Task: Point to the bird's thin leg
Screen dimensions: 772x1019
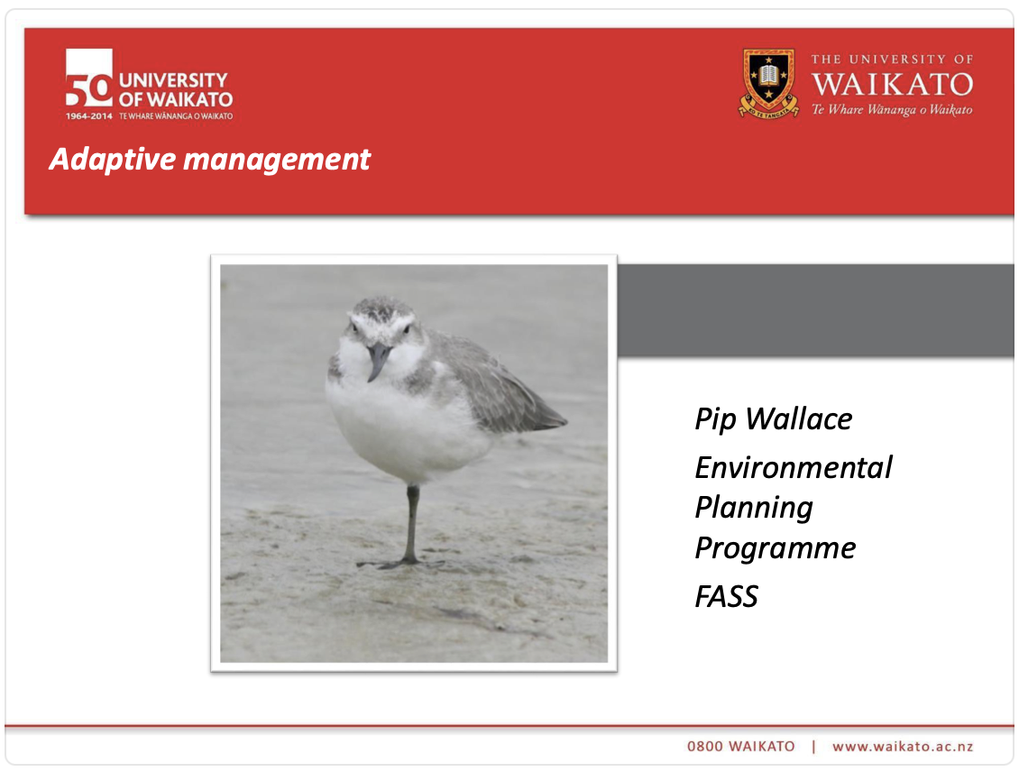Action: coord(411,523)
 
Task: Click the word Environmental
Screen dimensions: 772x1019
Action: coord(794,467)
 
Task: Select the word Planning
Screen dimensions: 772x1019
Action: coord(754,508)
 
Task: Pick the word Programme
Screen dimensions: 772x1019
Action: coord(775,548)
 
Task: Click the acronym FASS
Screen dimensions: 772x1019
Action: coord(726,596)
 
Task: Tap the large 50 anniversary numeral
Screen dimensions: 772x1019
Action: coord(88,79)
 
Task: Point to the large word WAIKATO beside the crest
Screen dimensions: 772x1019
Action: coord(892,85)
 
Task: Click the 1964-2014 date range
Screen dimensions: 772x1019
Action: coord(88,116)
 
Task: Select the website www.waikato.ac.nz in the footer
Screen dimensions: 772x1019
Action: coord(903,746)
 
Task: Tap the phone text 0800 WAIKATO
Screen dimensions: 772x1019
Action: coord(741,746)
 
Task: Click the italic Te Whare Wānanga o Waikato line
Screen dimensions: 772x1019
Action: coord(892,110)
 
